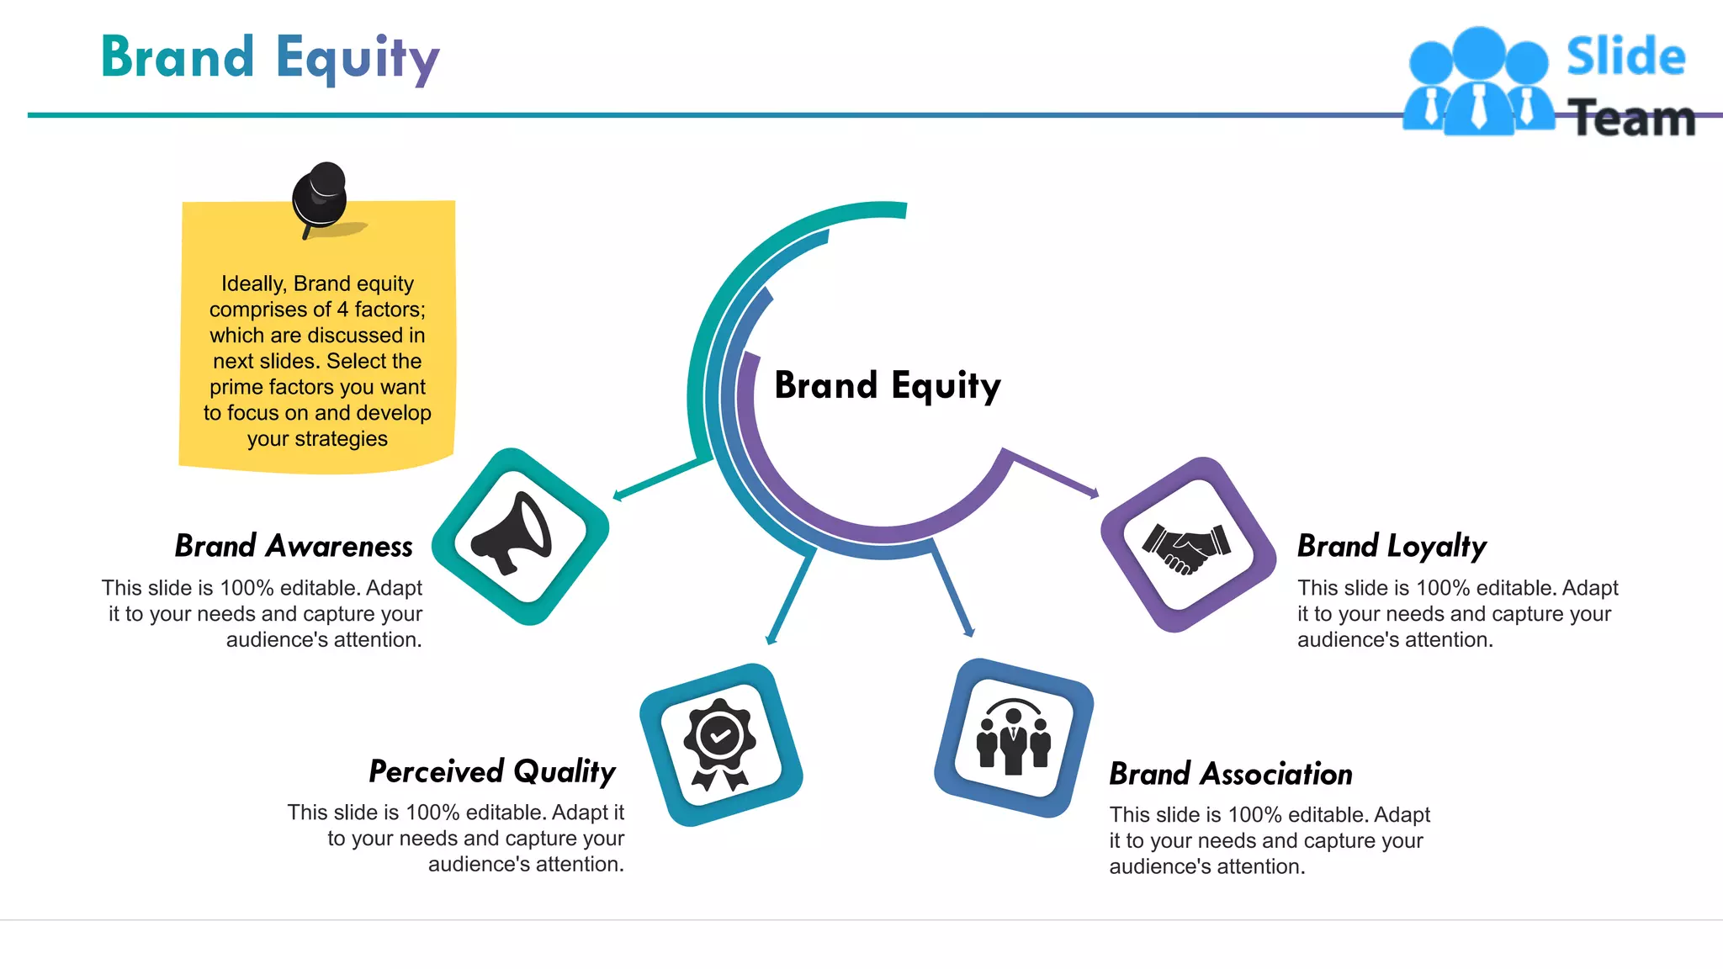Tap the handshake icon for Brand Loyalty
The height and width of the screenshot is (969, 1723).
(1186, 547)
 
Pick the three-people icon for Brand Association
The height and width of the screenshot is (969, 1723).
(1013, 739)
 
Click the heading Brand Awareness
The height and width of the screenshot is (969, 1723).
(294, 546)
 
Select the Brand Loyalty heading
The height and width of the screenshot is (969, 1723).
(1392, 546)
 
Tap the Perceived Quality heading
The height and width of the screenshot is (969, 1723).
(492, 771)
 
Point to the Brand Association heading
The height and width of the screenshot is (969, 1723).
(1230, 774)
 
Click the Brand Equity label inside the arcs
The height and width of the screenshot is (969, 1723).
(888, 386)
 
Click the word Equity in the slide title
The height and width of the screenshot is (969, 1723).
(358, 59)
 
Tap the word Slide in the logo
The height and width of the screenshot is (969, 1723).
(1625, 57)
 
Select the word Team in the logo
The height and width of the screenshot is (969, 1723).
(1632, 119)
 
